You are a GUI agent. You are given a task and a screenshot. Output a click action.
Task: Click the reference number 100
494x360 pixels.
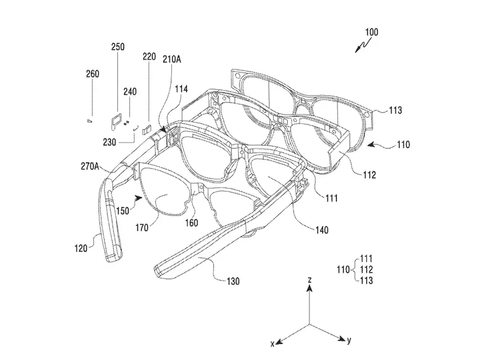pyautogui.click(x=371, y=33)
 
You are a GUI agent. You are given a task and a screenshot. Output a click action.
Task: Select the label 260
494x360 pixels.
pyautogui.click(x=92, y=74)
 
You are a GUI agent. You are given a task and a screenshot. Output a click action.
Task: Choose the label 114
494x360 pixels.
pyautogui.click(x=181, y=88)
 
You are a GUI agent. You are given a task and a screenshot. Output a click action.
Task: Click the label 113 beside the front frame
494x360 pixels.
pyautogui.click(x=395, y=111)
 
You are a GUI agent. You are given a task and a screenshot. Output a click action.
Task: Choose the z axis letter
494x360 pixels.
pyautogui.click(x=309, y=279)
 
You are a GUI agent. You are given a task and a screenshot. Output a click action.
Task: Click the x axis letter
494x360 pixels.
pyautogui.click(x=273, y=343)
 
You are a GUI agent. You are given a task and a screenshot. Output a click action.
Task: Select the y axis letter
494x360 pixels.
pyautogui.click(x=349, y=340)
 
